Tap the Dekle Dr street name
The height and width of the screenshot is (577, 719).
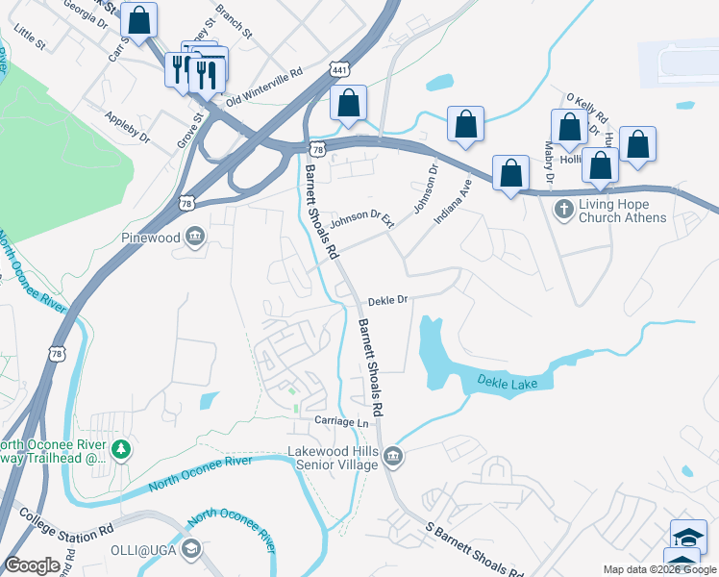point(388,300)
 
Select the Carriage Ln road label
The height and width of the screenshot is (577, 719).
point(341,422)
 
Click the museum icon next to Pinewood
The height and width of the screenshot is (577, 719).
point(195,236)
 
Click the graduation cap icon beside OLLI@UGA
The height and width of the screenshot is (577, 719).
point(191,548)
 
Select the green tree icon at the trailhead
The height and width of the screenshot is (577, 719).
point(120,449)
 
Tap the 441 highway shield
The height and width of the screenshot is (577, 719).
point(337,70)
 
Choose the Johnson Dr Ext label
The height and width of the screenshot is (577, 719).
point(362,221)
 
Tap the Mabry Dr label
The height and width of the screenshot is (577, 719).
point(549,163)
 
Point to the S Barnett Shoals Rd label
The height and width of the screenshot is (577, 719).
point(475,548)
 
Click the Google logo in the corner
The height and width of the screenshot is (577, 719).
point(32,564)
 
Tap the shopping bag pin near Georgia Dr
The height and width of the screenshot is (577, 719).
point(139,20)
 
